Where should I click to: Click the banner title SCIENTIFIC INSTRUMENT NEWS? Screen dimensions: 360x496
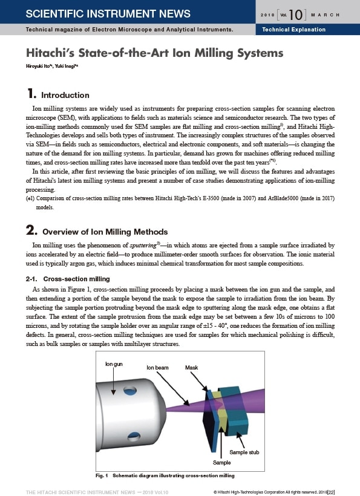108,13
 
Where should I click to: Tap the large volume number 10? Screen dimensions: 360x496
296,15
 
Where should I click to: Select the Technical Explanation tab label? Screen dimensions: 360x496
293,30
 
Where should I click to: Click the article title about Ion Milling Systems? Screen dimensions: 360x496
154,53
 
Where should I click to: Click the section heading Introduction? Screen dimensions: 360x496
65,95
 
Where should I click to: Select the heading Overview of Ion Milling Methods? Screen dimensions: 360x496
105,232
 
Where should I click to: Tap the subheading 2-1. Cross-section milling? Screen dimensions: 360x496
68,279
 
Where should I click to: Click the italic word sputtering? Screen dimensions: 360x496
143,245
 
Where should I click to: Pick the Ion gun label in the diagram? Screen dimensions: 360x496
114,364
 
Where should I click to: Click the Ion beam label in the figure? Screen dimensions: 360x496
157,368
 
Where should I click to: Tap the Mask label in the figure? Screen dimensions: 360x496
191,368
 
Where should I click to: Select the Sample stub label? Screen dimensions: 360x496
244,452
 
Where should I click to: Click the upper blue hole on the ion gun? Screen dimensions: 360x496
130,391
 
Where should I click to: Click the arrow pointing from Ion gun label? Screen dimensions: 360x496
113,381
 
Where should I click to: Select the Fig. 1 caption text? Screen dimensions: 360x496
165,475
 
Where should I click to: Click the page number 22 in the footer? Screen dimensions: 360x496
331,492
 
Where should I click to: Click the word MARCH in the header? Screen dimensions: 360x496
325,15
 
